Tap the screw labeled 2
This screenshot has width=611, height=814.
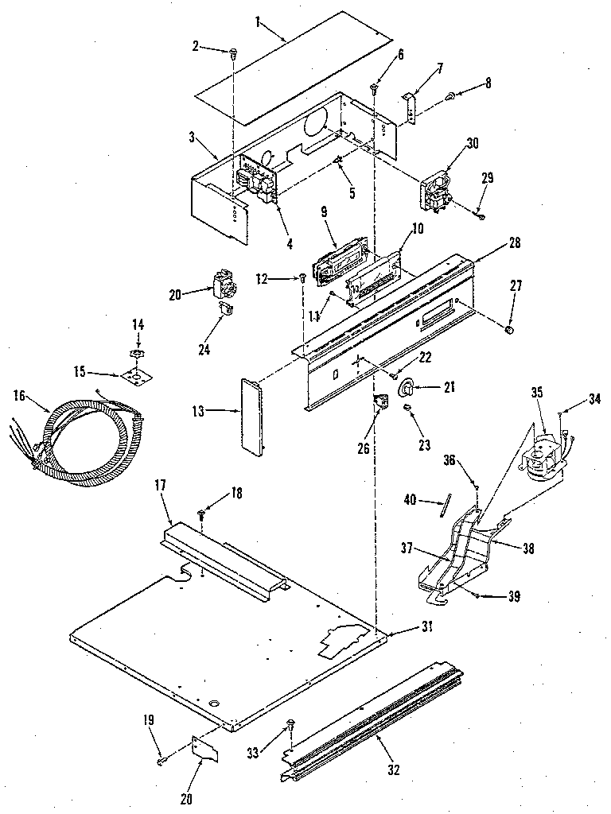[232, 52]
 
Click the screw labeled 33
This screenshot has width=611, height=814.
[290, 724]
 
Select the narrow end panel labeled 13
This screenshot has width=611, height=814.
[251, 417]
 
